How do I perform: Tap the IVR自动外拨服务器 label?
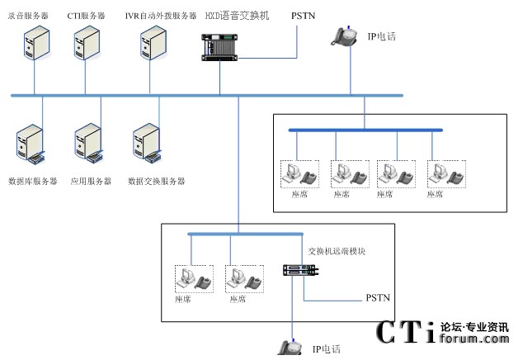click(x=161, y=15)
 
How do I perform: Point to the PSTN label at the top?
click(x=303, y=15)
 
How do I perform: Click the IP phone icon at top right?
click(x=344, y=36)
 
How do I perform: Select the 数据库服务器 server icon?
click(x=31, y=144)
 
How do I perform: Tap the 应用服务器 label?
click(x=90, y=181)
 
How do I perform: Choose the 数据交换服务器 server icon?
click(x=148, y=144)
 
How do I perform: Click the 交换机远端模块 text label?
click(x=336, y=250)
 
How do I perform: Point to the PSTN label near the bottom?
click(x=378, y=297)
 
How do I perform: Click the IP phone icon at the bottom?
click(x=289, y=348)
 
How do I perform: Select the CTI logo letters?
click(x=405, y=333)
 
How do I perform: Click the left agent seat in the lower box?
click(x=193, y=278)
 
